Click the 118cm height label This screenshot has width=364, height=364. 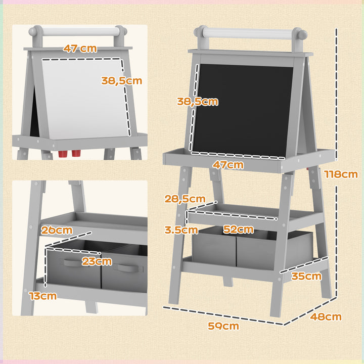341,174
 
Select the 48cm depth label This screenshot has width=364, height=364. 326,317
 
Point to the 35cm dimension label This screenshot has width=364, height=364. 306,276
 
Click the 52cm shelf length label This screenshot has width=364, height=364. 238,230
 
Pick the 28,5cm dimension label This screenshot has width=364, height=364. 185,199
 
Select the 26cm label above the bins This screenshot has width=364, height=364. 57,230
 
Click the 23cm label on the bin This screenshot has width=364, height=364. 97,261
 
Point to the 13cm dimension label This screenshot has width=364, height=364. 42,296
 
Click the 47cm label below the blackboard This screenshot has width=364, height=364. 228,165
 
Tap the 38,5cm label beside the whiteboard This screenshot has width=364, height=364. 121,80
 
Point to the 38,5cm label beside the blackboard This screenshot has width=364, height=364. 197,101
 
